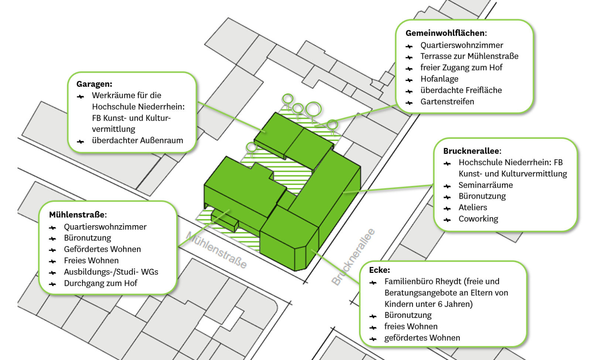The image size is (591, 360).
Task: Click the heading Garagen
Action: click(x=94, y=84)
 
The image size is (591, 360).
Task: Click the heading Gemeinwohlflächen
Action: click(x=446, y=33)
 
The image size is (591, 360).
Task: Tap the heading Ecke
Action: click(x=379, y=270)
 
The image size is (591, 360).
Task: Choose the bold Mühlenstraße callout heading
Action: click(x=78, y=215)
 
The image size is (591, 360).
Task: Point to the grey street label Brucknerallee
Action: click(x=353, y=257)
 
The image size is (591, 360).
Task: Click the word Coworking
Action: click(x=478, y=219)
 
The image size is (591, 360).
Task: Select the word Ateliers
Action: click(x=472, y=208)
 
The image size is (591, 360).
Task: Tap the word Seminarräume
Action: click(x=485, y=185)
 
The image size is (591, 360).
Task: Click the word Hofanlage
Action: click(x=439, y=79)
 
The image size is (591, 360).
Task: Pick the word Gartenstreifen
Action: click(x=447, y=102)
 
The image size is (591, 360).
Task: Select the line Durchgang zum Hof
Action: click(x=100, y=283)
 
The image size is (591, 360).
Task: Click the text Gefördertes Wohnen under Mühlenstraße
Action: click(x=102, y=249)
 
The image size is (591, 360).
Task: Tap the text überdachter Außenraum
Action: click(x=137, y=140)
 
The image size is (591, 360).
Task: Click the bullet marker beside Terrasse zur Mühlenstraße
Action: click(x=409, y=58)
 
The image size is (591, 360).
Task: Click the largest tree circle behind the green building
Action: click(x=313, y=109)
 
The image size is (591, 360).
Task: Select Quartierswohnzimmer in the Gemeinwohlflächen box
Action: click(x=461, y=45)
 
